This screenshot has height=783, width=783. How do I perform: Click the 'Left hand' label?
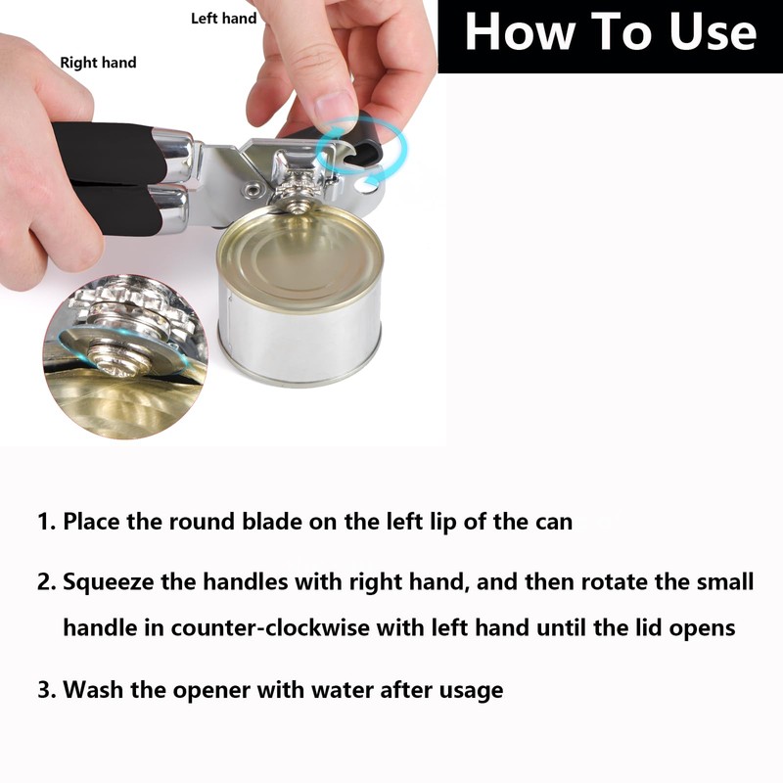tap(223, 19)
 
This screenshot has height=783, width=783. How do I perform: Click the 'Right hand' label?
tap(98, 63)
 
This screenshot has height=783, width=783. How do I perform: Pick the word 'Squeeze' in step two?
tap(108, 583)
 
